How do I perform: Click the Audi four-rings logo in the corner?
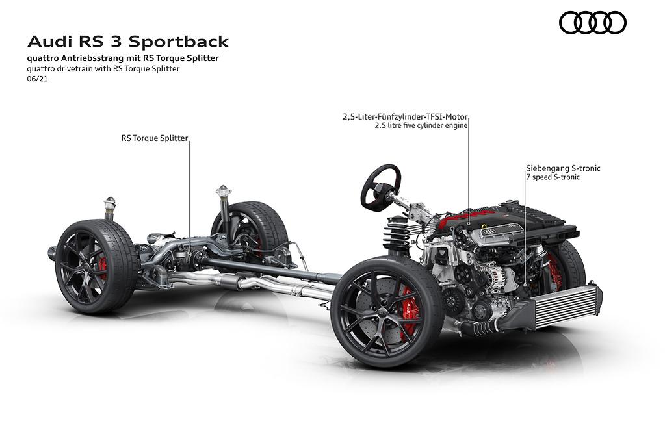pyautogui.click(x=592, y=23)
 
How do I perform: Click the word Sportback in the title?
pyautogui.click(x=179, y=42)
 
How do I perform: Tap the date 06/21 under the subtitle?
pyautogui.click(x=37, y=79)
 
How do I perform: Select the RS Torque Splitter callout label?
pyautogui.click(x=154, y=138)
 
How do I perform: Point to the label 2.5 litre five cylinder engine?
pyautogui.click(x=421, y=125)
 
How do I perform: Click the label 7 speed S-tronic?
pyautogui.click(x=553, y=177)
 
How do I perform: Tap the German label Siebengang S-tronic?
pyautogui.click(x=563, y=168)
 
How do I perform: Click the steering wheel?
pyautogui.click(x=381, y=187)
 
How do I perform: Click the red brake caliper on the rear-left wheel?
pyautogui.click(x=103, y=268)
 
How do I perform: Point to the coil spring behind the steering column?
pyautogui.click(x=397, y=235)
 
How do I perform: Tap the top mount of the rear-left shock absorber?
pyautogui.click(x=110, y=203)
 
